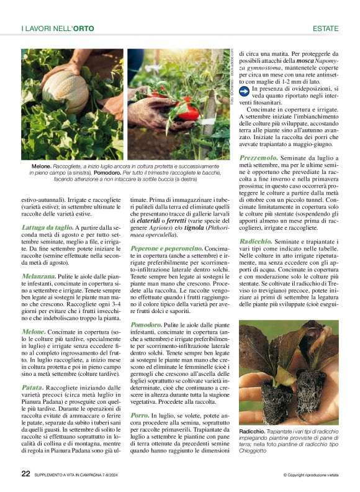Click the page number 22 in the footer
[25, 473]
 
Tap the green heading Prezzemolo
[259, 158]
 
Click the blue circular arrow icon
[245, 91]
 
